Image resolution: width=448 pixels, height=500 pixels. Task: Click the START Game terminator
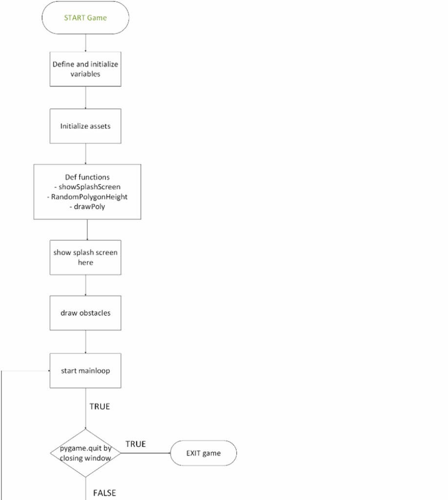tap(85, 18)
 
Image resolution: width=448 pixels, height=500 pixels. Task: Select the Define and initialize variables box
tap(85, 69)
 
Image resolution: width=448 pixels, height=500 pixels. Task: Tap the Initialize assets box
tap(85, 126)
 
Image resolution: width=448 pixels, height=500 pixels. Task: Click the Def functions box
tap(87, 191)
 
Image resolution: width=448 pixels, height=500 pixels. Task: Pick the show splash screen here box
tap(85, 257)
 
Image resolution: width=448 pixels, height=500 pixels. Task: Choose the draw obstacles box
tap(85, 313)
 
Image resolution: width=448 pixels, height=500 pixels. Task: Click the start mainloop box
tap(85, 371)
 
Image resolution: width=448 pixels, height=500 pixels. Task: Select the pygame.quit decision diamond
tap(85, 453)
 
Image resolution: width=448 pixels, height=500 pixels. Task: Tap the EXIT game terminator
tap(204, 453)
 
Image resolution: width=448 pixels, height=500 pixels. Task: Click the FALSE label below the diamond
tap(104, 493)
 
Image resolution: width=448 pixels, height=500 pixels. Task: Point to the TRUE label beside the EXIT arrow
tap(135, 444)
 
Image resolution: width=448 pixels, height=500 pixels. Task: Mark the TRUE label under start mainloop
tap(100, 406)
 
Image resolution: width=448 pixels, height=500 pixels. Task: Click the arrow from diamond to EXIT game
tap(145, 453)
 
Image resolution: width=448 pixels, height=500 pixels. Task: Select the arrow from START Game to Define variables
tap(85, 43)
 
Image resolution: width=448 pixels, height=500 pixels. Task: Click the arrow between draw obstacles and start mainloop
tap(85, 341)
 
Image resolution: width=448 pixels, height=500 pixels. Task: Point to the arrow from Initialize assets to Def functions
tap(85, 154)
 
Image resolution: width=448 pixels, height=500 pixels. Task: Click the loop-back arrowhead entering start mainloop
tap(49, 371)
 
